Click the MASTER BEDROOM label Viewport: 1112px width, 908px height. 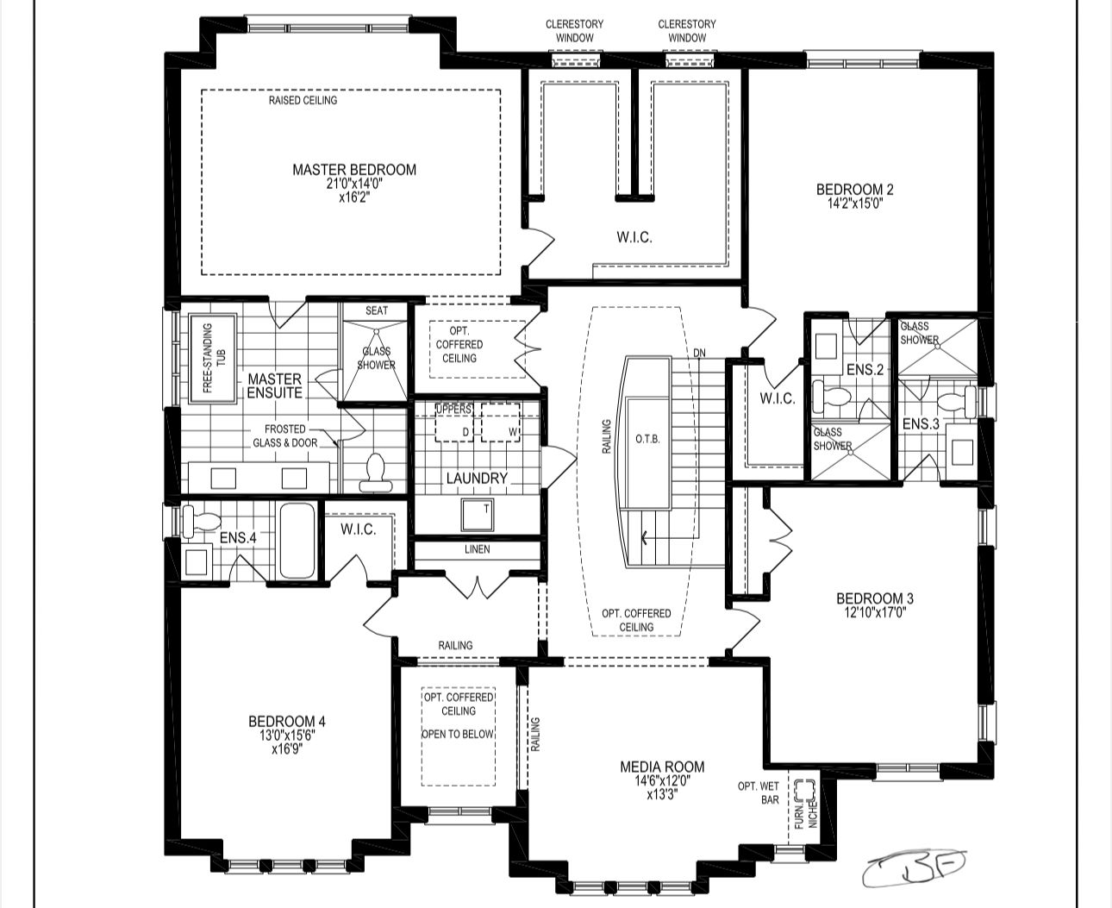354,170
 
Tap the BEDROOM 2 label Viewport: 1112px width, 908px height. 855,190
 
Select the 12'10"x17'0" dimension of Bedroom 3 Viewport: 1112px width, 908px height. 875,612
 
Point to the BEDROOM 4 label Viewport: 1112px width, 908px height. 287,721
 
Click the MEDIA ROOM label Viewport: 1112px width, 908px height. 662,767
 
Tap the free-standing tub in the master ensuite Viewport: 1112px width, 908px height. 213,358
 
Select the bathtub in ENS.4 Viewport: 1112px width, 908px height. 297,541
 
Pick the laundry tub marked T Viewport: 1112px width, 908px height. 478,515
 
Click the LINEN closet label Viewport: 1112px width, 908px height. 478,549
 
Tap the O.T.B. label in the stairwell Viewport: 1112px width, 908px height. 647,439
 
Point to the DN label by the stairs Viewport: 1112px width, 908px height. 699,353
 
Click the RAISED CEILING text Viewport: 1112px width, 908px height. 303,100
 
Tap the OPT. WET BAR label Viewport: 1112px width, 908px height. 759,793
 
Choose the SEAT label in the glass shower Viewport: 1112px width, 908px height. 377,310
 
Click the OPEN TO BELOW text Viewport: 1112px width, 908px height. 458,734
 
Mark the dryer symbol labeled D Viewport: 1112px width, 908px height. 454,422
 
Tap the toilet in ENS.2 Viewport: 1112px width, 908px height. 831,396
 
